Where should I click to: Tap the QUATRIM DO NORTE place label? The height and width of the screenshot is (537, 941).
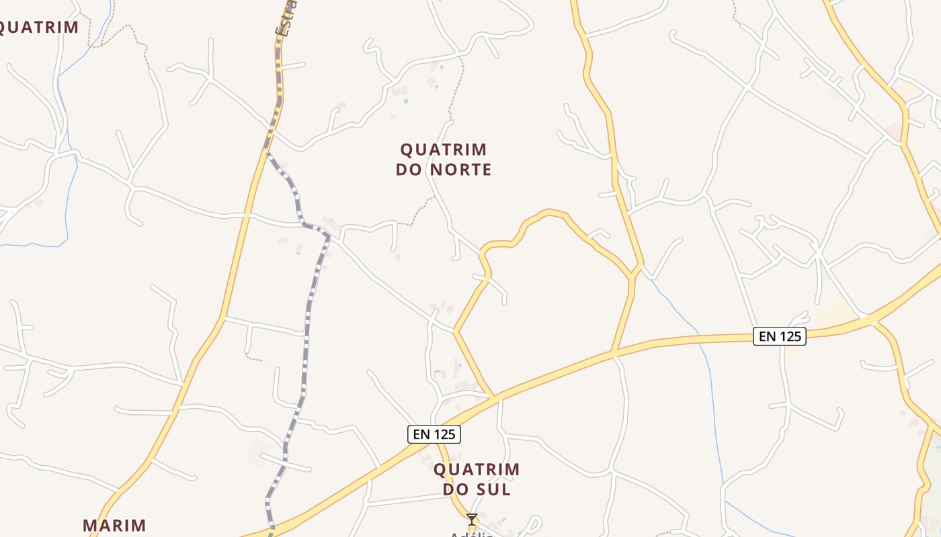(444, 159)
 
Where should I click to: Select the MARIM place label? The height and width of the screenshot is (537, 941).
(114, 525)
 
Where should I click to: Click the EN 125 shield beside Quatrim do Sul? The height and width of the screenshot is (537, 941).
(434, 434)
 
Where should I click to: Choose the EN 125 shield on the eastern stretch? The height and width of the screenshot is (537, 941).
(779, 336)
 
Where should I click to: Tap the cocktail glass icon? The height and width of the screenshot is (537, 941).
(472, 519)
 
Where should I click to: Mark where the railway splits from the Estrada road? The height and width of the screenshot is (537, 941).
(269, 149)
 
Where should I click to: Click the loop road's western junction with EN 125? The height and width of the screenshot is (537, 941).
(495, 398)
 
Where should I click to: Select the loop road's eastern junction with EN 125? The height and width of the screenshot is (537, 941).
(613, 351)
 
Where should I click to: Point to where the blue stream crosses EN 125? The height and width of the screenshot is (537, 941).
(700, 339)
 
